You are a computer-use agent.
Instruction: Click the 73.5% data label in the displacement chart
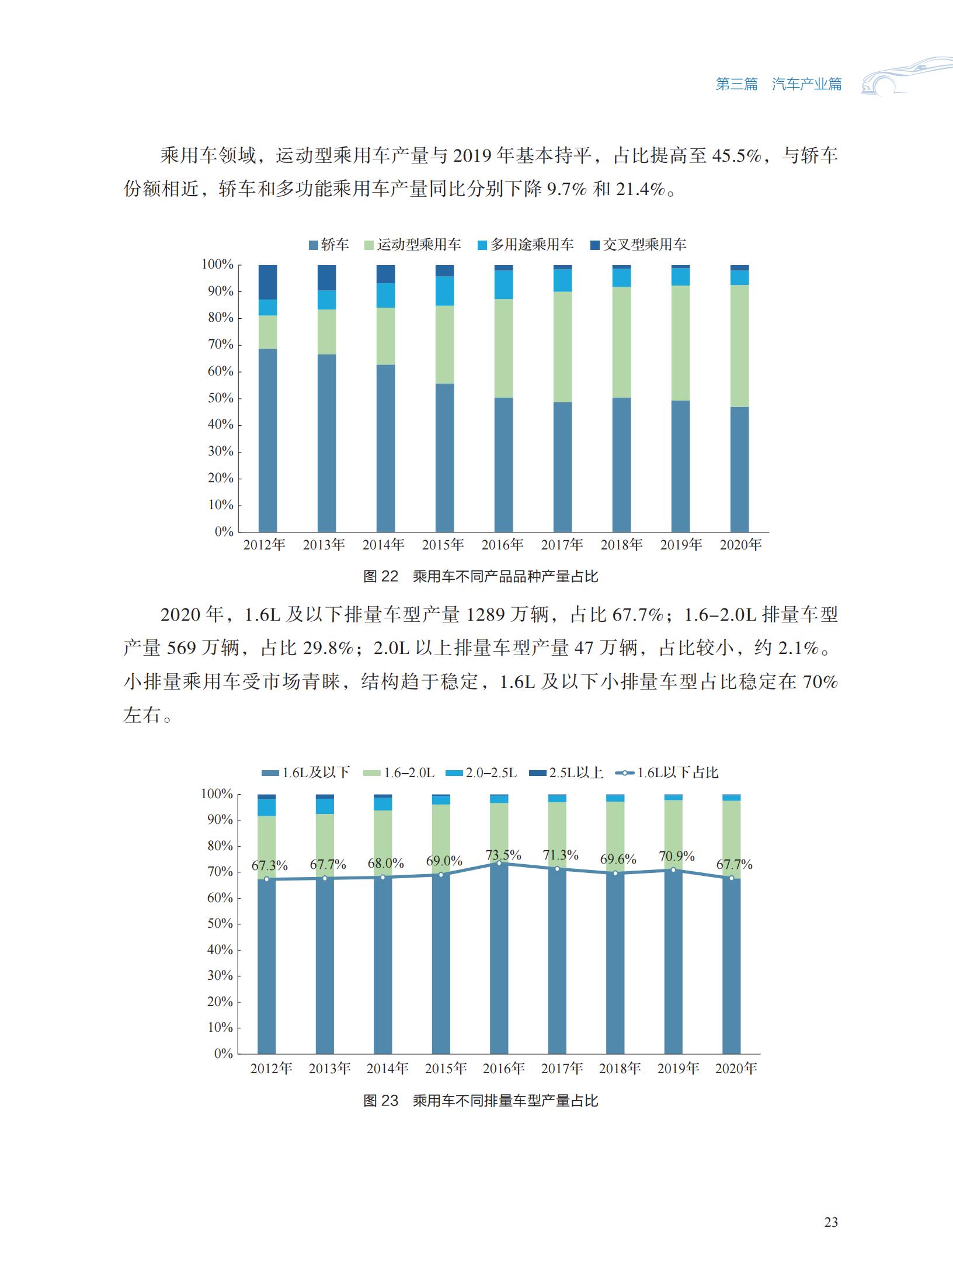(503, 855)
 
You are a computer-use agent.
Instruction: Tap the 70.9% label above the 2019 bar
(677, 857)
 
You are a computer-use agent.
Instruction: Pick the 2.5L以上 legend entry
(566, 773)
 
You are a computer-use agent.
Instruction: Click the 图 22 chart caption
(481, 577)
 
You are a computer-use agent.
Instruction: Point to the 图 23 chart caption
(481, 1101)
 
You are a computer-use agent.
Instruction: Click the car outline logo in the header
(905, 76)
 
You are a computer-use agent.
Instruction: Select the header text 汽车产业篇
(807, 84)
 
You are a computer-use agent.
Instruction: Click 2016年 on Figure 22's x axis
(503, 545)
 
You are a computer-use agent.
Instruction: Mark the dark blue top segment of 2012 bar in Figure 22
(267, 282)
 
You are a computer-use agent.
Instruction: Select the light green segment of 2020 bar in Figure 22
(740, 346)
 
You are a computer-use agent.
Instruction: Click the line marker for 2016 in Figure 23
(499, 864)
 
